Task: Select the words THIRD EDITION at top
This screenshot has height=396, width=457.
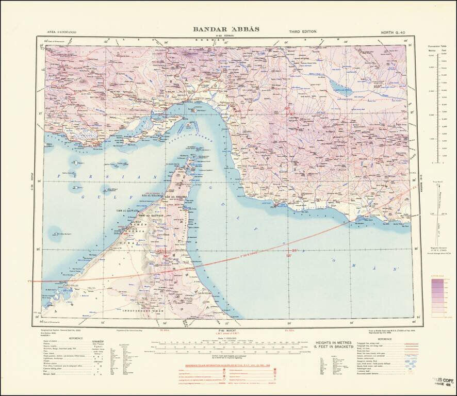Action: point(303,31)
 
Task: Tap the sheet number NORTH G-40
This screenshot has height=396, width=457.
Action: point(394,32)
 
